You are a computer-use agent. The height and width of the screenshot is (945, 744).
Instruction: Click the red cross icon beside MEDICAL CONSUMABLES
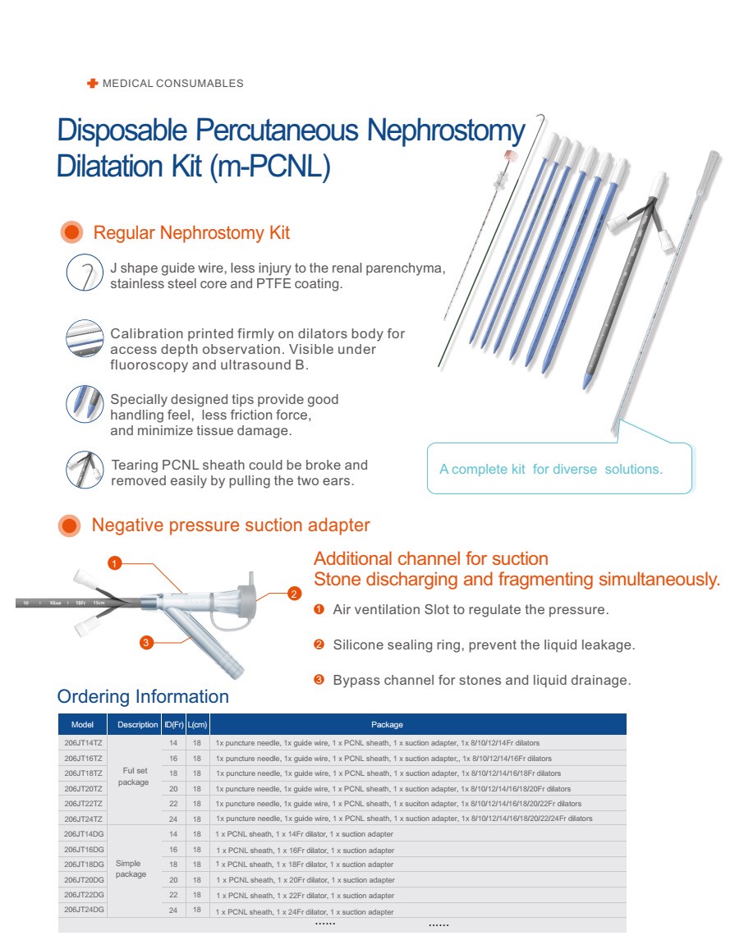coord(92,83)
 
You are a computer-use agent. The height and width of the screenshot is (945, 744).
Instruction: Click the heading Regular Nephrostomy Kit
coord(191,233)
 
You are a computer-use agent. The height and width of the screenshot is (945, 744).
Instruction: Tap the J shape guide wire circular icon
coord(84,273)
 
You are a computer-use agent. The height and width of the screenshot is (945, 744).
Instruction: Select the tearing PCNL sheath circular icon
coord(84,470)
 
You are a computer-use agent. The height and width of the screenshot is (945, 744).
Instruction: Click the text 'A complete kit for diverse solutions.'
coord(550,470)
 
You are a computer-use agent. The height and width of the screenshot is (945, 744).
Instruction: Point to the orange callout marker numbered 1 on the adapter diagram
coord(115,562)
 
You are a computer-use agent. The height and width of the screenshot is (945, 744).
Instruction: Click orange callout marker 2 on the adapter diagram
coord(295,594)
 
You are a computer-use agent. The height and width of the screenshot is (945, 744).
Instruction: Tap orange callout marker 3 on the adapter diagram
coord(145,643)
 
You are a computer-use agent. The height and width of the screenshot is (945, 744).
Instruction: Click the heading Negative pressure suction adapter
coord(231,525)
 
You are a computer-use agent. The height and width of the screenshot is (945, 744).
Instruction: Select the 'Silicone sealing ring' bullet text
coord(483,645)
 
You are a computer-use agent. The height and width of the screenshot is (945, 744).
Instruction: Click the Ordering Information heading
coord(143,697)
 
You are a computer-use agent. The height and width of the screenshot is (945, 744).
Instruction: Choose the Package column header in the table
coord(387,725)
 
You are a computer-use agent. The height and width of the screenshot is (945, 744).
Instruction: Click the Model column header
coord(82,725)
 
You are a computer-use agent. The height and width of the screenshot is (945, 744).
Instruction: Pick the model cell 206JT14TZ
coord(83,743)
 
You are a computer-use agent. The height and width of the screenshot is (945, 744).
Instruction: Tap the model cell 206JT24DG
coord(83,911)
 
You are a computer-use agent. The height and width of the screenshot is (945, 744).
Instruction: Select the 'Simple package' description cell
coord(131,869)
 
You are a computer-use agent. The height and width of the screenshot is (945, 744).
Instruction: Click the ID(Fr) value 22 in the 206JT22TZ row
coord(173,804)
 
